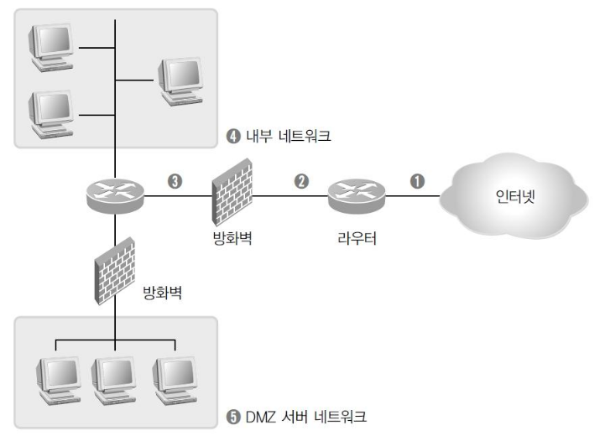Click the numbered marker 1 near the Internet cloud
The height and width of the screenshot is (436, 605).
(416, 180)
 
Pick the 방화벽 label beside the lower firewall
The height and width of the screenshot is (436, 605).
(160, 294)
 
